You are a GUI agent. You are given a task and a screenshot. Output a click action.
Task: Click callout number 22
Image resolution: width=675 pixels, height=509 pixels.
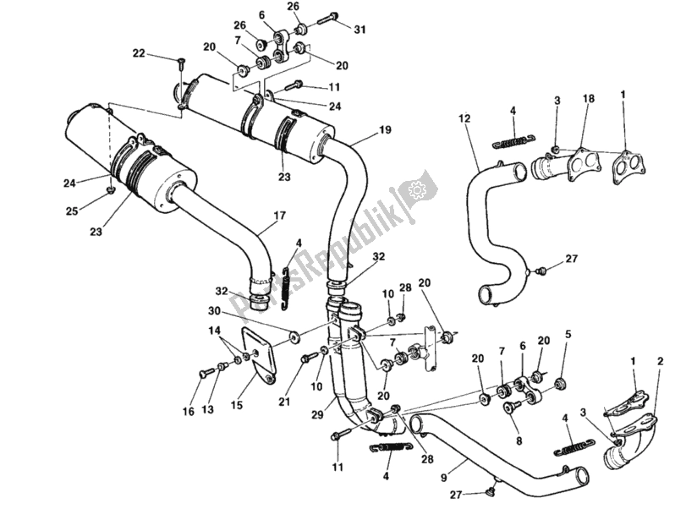click(x=140, y=53)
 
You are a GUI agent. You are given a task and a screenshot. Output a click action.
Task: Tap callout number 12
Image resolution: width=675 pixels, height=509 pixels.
click(x=464, y=118)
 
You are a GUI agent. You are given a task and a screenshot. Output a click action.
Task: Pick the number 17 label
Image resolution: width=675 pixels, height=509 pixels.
click(x=278, y=227)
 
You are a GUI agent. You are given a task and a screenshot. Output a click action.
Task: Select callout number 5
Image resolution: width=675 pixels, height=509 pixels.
click(x=568, y=334)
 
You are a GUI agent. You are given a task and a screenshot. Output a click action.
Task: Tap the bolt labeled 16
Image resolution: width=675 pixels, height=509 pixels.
click(x=206, y=371)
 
